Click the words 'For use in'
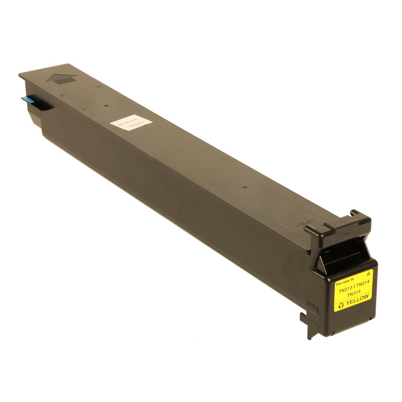coord(345,283)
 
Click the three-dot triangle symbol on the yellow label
coord(368,273)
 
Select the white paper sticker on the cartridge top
coord(131,124)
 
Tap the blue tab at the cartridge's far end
coord(29,99)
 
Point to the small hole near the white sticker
coord(106,105)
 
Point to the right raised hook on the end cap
coord(360,216)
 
